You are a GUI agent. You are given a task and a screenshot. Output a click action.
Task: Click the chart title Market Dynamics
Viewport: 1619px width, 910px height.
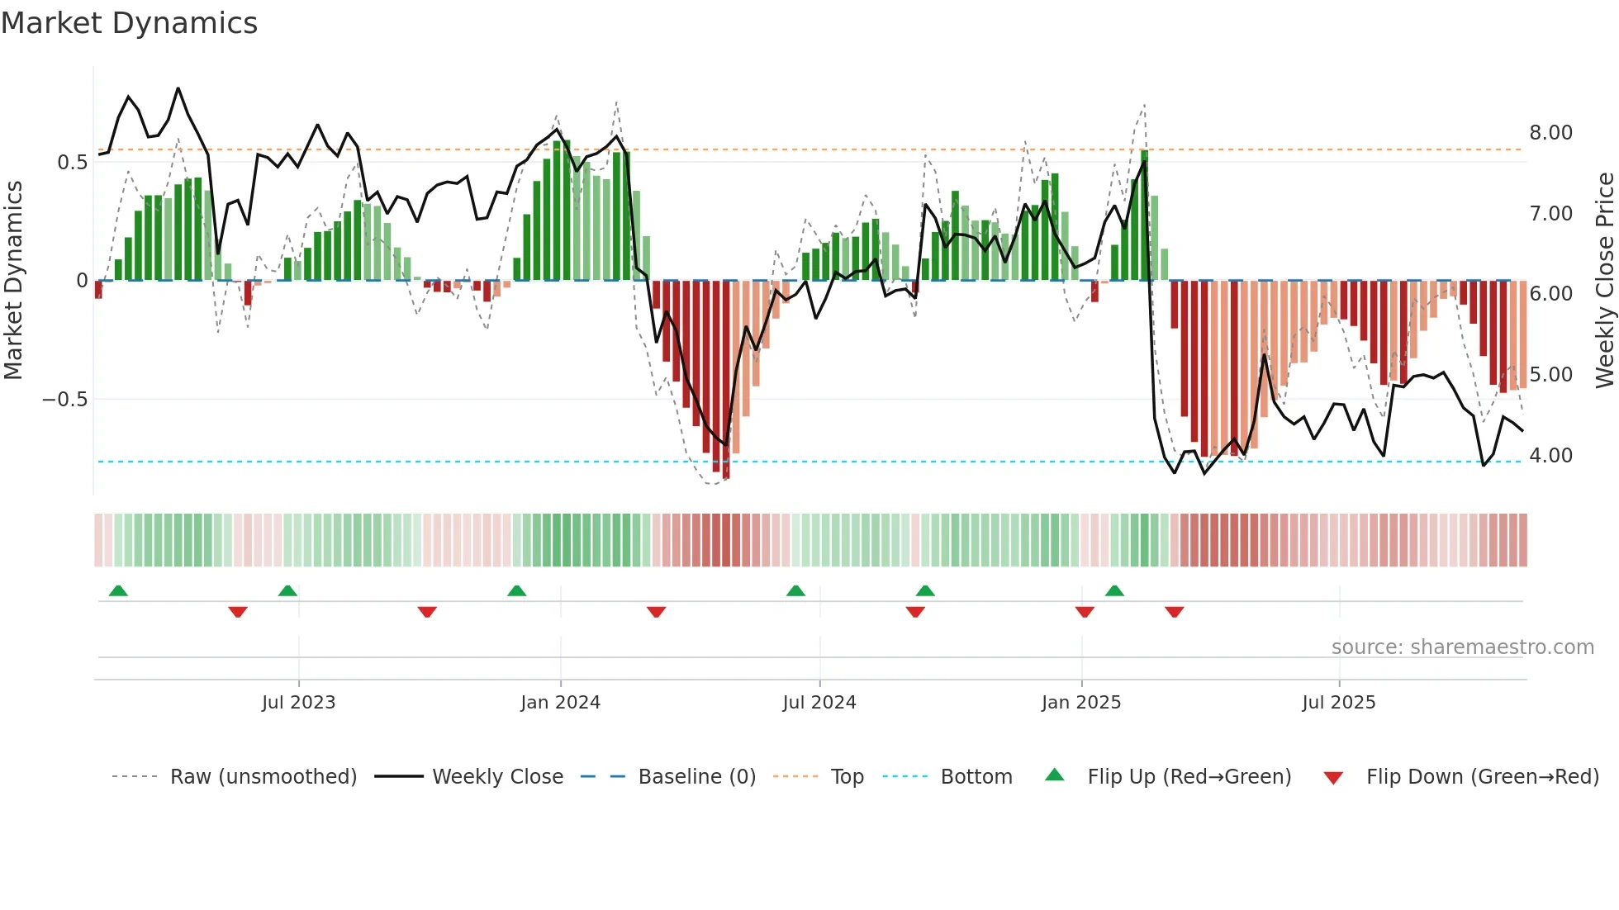pyautogui.click(x=129, y=23)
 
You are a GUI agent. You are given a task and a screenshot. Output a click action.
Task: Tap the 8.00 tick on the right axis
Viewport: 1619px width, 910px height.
pyautogui.click(x=1550, y=133)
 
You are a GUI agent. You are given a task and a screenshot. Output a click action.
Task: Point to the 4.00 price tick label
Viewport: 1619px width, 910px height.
pyautogui.click(x=1550, y=456)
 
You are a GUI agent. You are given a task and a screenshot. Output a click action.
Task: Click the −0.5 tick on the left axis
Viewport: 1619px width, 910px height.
pyautogui.click(x=64, y=400)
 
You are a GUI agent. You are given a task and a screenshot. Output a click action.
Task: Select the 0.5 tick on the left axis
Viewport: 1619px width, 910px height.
pyautogui.click(x=72, y=163)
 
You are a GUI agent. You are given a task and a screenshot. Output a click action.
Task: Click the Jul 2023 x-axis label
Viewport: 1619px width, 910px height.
pyautogui.click(x=298, y=703)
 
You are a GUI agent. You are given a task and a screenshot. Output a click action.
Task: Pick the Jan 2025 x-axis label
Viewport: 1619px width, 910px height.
pyautogui.click(x=1080, y=703)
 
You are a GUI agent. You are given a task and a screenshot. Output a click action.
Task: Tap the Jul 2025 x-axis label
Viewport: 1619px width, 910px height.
pyautogui.click(x=1338, y=703)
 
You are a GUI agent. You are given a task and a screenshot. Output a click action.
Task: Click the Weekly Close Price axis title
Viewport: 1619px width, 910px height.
pyautogui.click(x=1604, y=280)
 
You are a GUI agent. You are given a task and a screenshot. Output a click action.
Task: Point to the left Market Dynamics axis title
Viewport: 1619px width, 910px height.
pyautogui.click(x=13, y=280)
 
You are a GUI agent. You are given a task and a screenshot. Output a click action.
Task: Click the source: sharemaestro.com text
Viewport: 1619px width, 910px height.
pyautogui.click(x=1462, y=647)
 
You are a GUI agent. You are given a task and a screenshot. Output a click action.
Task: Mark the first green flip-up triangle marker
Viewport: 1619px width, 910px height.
pyautogui.click(x=118, y=591)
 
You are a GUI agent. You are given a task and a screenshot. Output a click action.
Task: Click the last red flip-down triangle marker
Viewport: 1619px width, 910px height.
pyautogui.click(x=1174, y=612)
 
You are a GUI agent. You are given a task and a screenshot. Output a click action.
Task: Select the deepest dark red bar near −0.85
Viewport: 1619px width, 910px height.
pyautogui.click(x=726, y=380)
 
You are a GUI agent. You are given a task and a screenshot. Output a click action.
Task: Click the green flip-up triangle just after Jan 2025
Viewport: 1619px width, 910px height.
pyautogui.click(x=1114, y=591)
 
